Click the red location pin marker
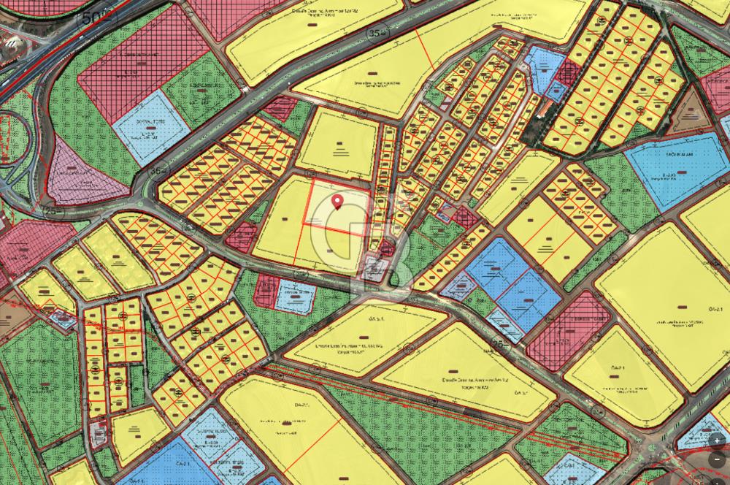(x=337, y=201)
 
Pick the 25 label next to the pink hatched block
(x=501, y=342)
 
